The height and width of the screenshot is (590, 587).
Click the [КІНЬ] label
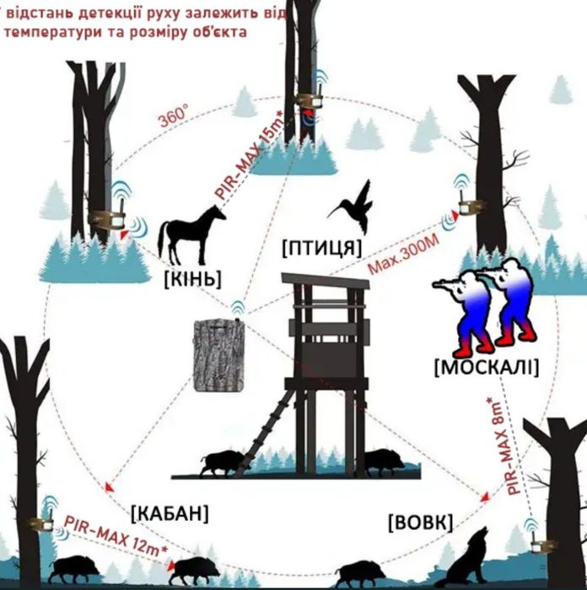[x=192, y=278]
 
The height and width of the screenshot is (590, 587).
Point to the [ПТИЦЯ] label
[x=321, y=247]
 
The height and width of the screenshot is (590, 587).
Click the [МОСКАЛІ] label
[x=485, y=367]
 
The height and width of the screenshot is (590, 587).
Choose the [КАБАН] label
[x=170, y=512]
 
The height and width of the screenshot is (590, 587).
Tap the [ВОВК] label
[x=420, y=522]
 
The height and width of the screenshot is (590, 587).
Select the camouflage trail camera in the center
[x=218, y=354]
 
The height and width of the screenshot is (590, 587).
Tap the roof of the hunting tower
[x=326, y=280]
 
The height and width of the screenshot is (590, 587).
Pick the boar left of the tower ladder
[x=223, y=461]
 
